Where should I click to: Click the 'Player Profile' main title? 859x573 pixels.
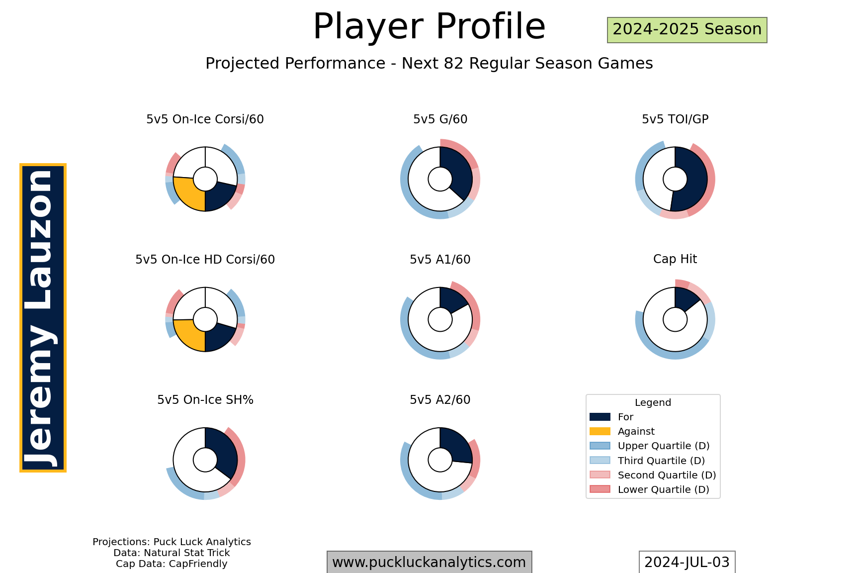429,26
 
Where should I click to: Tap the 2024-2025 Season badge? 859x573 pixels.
687,30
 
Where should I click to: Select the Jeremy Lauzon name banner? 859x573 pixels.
43,317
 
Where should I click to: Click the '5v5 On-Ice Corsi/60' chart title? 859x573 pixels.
205,119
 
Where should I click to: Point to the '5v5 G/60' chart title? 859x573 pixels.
440,119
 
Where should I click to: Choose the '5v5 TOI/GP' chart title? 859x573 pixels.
675,119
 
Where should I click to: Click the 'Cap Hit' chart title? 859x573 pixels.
675,259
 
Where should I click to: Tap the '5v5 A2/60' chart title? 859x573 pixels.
440,400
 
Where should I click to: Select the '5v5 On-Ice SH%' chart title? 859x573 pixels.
205,400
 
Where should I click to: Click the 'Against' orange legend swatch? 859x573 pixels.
600,431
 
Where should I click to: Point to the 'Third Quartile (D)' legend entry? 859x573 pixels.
647,461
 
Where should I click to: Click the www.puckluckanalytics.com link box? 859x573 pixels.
429,562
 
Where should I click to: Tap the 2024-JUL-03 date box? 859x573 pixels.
687,562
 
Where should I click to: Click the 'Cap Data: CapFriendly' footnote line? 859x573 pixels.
172,564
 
